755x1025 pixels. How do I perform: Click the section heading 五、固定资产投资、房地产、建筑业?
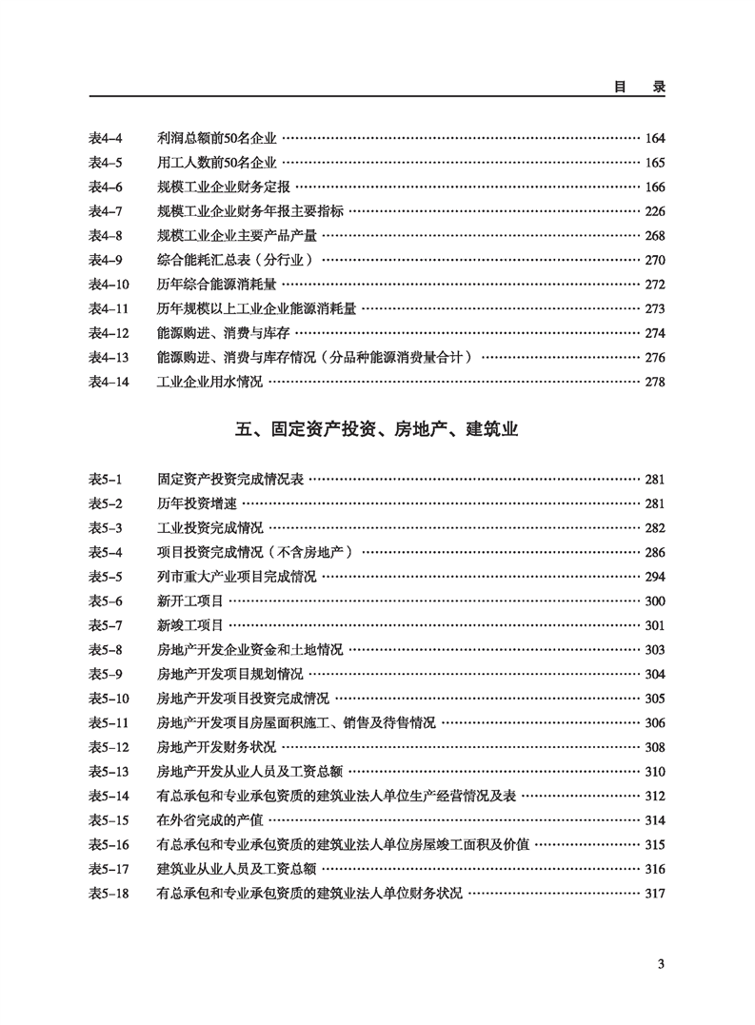pos(376,430)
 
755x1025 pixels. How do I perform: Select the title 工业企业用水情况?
pos(209,382)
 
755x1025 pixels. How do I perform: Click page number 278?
pos(655,382)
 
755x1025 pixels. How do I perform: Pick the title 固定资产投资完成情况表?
pos(229,480)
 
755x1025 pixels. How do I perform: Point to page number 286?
pos(655,552)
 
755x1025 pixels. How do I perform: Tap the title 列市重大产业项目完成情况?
pos(236,577)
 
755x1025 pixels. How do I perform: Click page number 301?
pos(655,625)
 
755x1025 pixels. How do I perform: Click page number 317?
pos(655,894)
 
